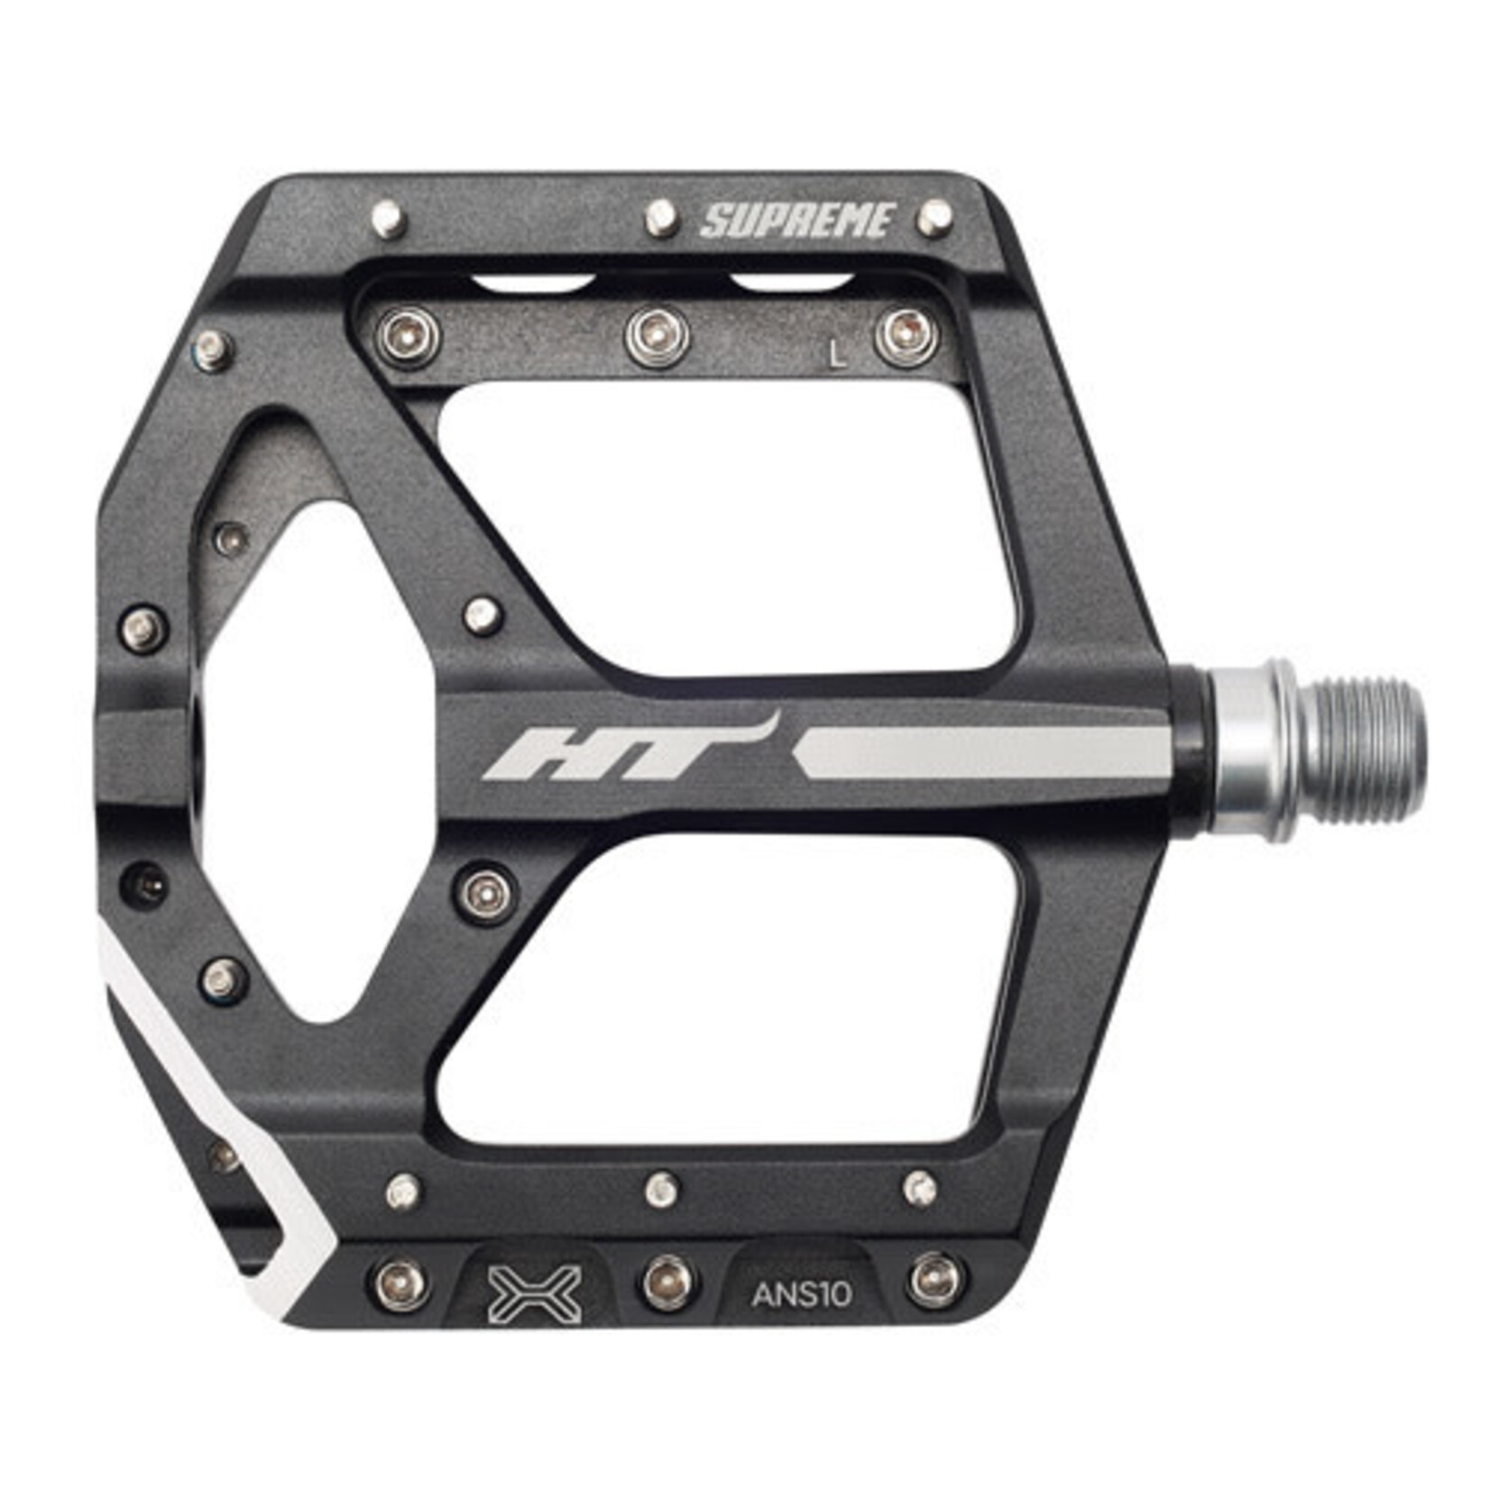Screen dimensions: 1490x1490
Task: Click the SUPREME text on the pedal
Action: [798, 221]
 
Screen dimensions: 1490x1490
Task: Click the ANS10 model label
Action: [801, 1295]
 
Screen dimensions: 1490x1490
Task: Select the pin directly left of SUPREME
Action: [661, 217]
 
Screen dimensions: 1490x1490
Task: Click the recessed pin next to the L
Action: [906, 336]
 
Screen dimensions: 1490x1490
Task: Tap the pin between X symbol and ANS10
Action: [668, 1282]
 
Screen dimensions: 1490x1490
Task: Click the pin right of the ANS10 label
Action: [936, 1280]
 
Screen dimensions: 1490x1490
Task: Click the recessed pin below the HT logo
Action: [486, 892]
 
